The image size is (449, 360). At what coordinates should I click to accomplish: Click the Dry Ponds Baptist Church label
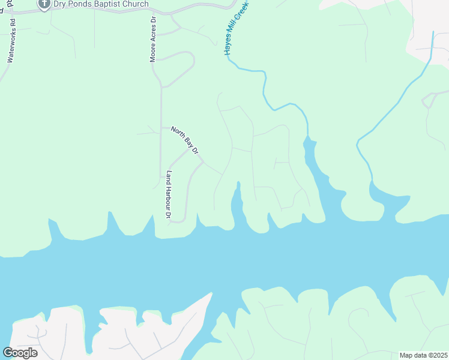coord(101,4)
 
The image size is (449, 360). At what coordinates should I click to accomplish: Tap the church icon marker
coord(43,4)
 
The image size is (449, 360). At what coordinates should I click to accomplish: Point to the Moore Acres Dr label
coord(153,39)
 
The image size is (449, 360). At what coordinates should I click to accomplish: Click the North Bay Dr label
coord(184,140)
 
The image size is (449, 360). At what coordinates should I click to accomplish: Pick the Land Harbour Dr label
coord(169,195)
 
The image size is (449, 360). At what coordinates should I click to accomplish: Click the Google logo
coord(20,352)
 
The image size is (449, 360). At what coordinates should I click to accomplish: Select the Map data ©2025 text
coord(423,355)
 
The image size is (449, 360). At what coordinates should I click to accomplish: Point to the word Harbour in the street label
coord(169,194)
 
